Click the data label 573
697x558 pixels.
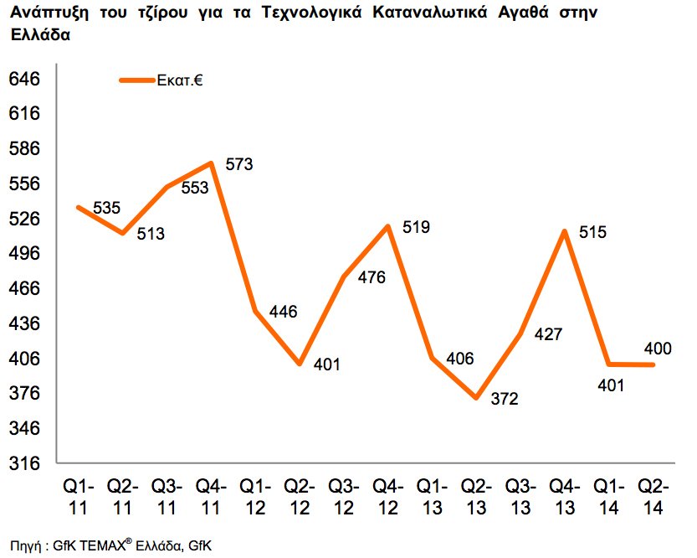click(239, 164)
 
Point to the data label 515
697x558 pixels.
click(592, 233)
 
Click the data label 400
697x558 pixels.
click(657, 348)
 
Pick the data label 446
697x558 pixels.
click(284, 313)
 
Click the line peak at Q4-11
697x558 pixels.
click(212, 163)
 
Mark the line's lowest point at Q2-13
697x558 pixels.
click(477, 398)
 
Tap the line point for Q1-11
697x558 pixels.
click(78, 207)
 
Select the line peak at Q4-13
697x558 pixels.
click(566, 230)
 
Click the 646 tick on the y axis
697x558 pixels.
click(23, 80)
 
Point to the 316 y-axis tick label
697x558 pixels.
click(23, 463)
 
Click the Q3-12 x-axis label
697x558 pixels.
click(343, 496)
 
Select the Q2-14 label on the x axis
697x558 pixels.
click(653, 496)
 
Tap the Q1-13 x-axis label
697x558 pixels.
click(432, 496)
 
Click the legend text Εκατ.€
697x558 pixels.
click(181, 81)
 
